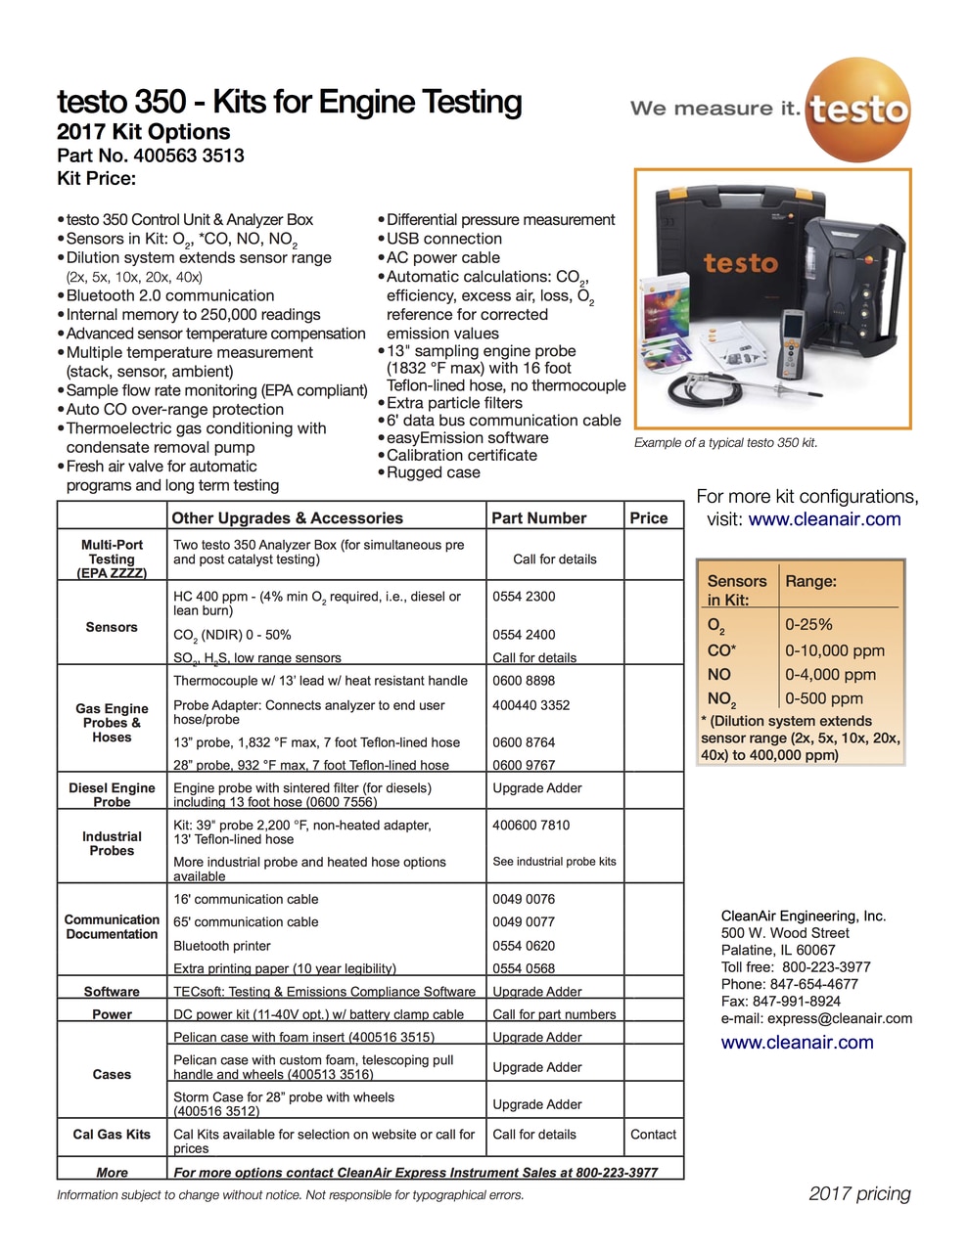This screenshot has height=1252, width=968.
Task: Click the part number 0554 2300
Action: pyautogui.click(x=524, y=596)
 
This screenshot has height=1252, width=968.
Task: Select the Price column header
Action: pyautogui.click(x=649, y=518)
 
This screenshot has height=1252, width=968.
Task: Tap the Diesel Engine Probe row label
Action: pyautogui.click(x=112, y=794)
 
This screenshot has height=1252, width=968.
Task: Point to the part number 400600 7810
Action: pyautogui.click(x=530, y=825)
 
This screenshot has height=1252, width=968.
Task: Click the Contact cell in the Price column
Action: pyautogui.click(x=653, y=1135)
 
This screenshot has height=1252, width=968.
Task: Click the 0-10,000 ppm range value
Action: pyautogui.click(x=834, y=650)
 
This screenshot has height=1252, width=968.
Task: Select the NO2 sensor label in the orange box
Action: pyautogui.click(x=721, y=699)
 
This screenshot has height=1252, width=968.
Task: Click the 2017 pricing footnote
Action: pyautogui.click(x=859, y=1193)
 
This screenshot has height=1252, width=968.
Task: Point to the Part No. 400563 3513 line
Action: pyautogui.click(x=151, y=156)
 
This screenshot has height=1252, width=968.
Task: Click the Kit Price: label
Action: pyautogui.click(x=97, y=178)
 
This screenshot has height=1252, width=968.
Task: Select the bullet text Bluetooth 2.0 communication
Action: pyautogui.click(x=170, y=295)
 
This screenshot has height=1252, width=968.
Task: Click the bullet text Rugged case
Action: pyautogui.click(x=434, y=472)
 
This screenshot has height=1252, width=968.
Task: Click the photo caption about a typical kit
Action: pyautogui.click(x=725, y=443)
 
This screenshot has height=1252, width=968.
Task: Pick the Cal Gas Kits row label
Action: pyautogui.click(x=112, y=1135)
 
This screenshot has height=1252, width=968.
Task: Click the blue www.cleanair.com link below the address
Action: pyautogui.click(x=797, y=1043)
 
